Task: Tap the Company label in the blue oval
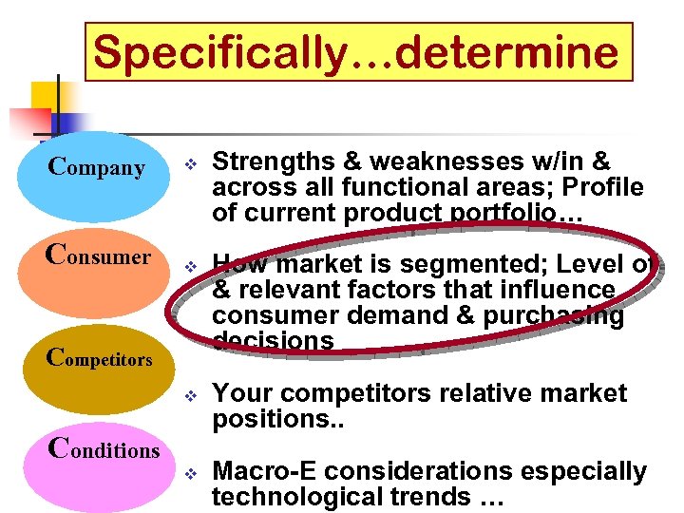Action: (97, 169)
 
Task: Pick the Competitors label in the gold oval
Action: (99, 358)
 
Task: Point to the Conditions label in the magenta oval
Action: (104, 448)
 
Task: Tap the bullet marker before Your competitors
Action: (189, 394)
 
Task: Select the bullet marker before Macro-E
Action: (189, 472)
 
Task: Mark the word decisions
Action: (273, 341)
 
